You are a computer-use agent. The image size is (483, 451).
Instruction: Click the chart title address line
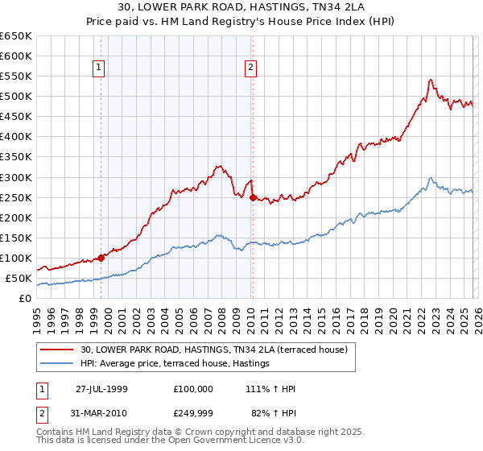[242, 8]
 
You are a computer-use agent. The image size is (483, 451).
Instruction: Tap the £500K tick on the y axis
[16, 97]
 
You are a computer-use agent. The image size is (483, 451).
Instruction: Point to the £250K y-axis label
[16, 197]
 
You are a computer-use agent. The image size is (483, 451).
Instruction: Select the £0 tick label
[25, 299]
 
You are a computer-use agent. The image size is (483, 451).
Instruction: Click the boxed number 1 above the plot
[99, 68]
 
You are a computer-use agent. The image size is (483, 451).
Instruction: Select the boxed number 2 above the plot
[251, 68]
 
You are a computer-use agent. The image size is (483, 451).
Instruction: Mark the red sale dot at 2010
[252, 197]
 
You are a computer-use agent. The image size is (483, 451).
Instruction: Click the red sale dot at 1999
[101, 258]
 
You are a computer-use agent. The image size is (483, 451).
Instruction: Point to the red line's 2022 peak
[431, 80]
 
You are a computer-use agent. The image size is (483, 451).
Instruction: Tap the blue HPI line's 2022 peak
[431, 178]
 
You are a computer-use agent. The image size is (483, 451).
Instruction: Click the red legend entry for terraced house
[213, 350]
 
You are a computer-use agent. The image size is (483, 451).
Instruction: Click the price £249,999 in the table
[193, 414]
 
